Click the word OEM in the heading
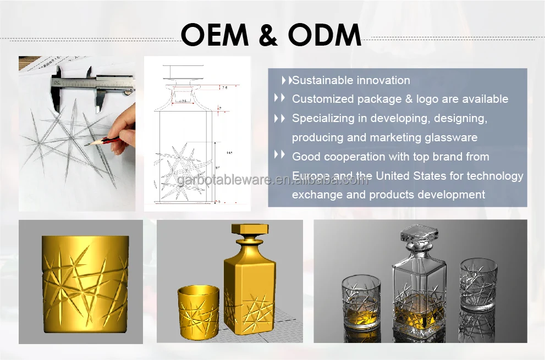[216, 36]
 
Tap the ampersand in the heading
[267, 36]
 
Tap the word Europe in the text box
[311, 176]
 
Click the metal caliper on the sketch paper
[91, 87]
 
